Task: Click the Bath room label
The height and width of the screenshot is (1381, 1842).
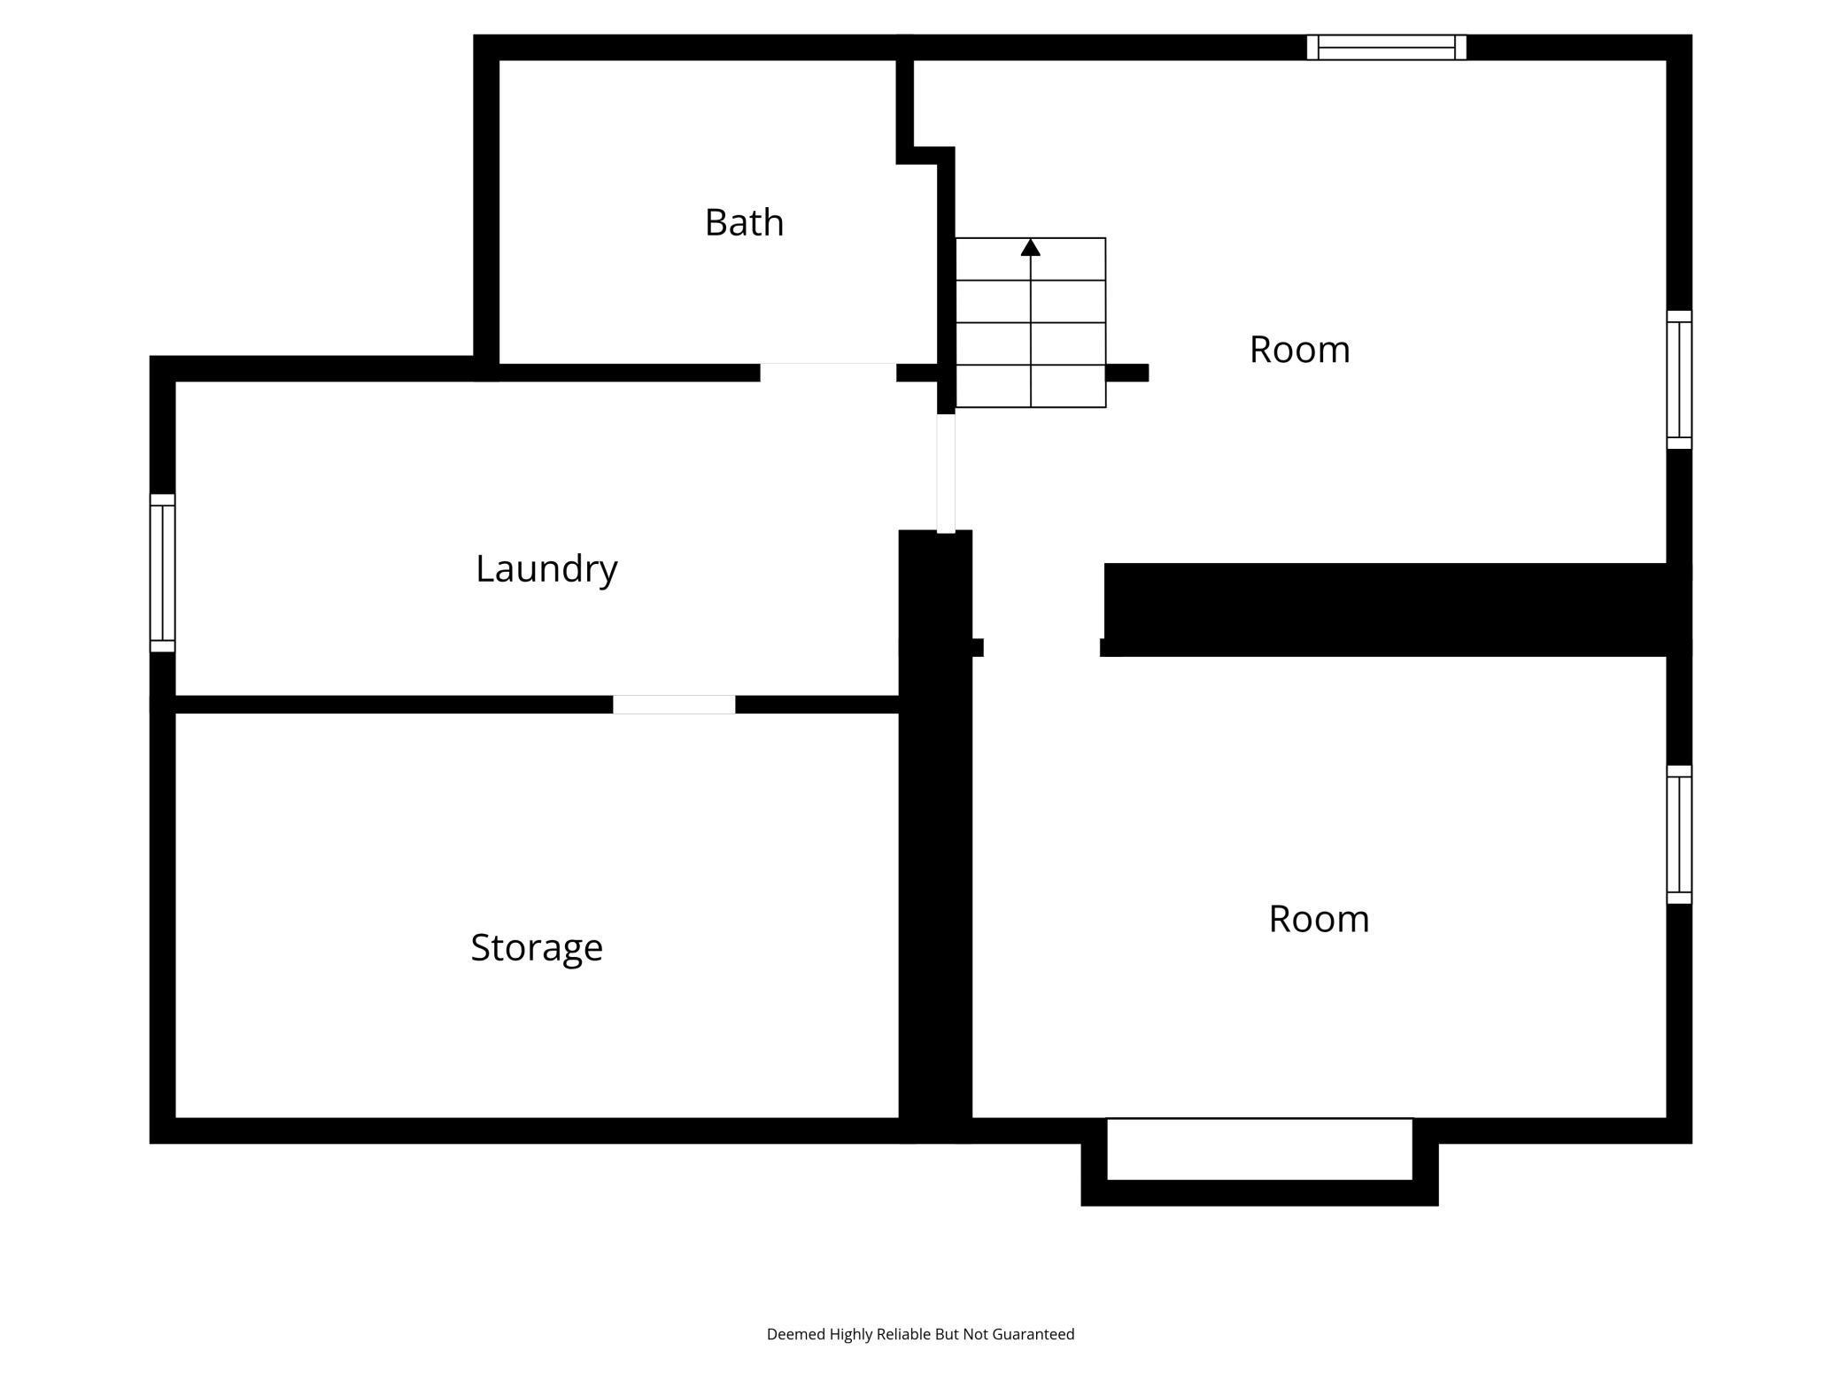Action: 744,222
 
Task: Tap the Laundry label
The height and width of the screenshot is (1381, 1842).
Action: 546,568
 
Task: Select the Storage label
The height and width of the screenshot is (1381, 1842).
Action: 537,947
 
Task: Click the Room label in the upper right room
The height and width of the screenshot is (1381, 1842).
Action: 1299,350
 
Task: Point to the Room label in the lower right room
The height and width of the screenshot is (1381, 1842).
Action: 1319,919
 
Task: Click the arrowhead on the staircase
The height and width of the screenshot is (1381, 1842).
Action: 1030,248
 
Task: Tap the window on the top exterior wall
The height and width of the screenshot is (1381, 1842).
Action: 1386,47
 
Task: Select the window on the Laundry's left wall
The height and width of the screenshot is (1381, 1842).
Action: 162,573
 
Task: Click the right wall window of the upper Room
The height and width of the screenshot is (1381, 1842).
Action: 1679,379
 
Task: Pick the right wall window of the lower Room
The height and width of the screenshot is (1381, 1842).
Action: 1679,834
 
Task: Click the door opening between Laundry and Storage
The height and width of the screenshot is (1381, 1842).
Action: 674,705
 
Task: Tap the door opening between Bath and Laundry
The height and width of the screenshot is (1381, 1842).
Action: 828,372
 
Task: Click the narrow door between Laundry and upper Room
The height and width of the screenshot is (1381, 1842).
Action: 946,473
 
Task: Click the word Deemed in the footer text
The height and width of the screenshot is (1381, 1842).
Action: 795,1334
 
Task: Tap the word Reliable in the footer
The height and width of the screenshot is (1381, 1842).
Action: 904,1334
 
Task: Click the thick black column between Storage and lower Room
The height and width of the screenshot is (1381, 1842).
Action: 935,885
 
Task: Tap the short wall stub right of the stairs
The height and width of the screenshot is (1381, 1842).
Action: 1127,373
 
